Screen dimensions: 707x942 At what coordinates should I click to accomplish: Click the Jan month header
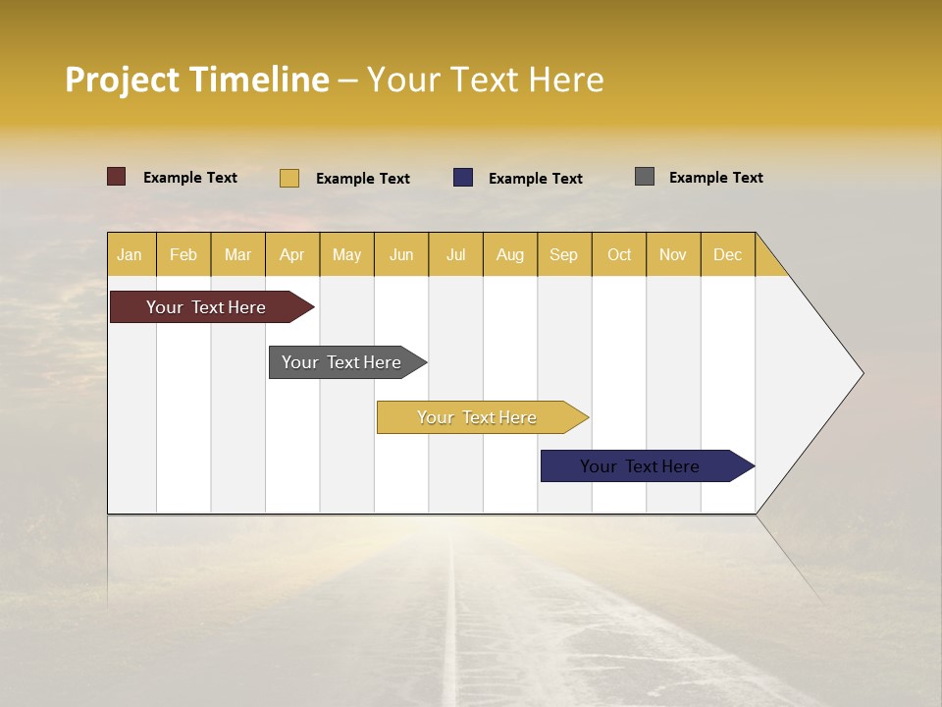(x=131, y=254)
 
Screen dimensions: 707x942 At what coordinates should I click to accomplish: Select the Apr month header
(x=292, y=254)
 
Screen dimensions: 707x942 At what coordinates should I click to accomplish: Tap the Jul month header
(x=456, y=254)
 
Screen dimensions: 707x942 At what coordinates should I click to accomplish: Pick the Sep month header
(x=564, y=254)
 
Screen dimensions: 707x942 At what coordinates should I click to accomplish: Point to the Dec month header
(x=728, y=254)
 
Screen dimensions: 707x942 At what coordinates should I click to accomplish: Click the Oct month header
(x=619, y=254)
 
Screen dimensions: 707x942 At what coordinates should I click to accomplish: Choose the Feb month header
(x=183, y=254)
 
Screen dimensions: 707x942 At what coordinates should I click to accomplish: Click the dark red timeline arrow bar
(x=206, y=307)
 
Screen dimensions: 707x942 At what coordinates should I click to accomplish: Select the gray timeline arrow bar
(x=341, y=362)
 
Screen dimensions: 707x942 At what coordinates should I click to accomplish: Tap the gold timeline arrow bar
(x=477, y=417)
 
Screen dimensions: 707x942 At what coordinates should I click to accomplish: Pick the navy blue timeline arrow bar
(x=640, y=466)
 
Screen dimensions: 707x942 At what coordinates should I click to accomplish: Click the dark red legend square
(x=117, y=177)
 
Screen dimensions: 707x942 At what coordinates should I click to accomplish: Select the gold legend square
(x=289, y=178)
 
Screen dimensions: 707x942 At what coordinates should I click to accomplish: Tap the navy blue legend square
(x=463, y=177)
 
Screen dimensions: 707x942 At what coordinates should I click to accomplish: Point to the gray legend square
(x=645, y=177)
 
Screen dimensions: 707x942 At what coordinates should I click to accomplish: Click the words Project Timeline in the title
(x=196, y=80)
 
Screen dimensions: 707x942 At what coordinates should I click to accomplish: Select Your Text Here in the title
(x=486, y=80)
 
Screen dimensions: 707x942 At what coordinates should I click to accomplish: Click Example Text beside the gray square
(x=715, y=178)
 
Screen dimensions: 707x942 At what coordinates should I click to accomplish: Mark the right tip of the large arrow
(x=862, y=373)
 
